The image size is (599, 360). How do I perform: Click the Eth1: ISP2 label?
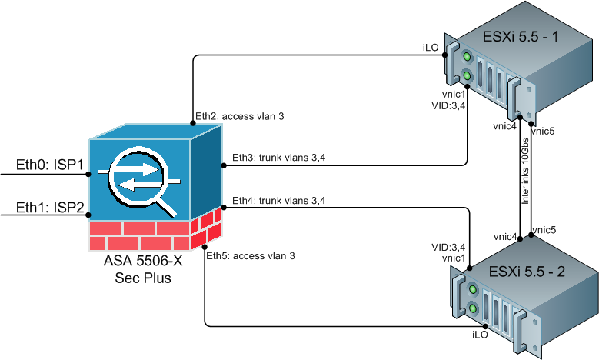48,208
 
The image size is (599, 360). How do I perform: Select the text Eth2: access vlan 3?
239,117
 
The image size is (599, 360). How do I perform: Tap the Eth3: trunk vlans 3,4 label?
275,158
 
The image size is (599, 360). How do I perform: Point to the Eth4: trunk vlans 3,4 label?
275,201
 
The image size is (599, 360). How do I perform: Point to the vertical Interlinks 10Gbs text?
525,171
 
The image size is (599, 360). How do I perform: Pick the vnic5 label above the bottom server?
544,229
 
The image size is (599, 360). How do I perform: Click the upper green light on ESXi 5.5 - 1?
468,58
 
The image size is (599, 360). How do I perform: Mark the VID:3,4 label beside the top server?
449,105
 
